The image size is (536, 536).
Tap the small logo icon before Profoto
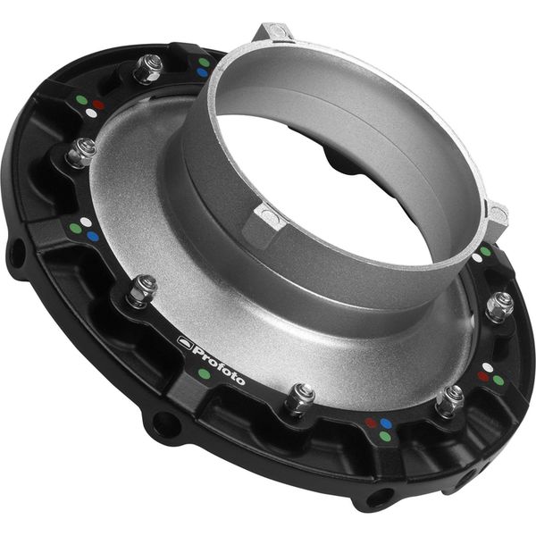(186, 340)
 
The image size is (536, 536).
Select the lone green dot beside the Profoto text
(205, 373)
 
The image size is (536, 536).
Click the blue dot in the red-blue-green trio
(385, 423)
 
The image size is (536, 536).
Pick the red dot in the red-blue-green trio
(370, 423)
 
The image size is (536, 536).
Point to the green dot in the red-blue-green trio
(384, 436)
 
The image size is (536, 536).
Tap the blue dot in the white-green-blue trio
(92, 237)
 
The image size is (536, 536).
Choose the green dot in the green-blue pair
(205, 62)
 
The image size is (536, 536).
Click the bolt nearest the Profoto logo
(142, 289)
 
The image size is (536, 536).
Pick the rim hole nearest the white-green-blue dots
(16, 253)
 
